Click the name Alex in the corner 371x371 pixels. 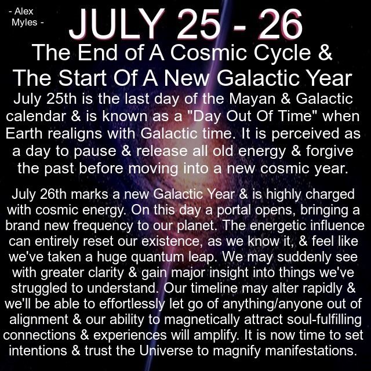[24, 12]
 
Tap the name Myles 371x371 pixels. [24, 23]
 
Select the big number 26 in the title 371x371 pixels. [281, 24]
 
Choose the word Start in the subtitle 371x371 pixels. [82, 78]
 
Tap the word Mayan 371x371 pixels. [252, 99]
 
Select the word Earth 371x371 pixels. [24, 133]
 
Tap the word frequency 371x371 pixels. [103, 226]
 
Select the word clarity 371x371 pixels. [106, 273]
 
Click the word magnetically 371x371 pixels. [202, 320]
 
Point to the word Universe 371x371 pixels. [166, 351]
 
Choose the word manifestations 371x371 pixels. [311, 351]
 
